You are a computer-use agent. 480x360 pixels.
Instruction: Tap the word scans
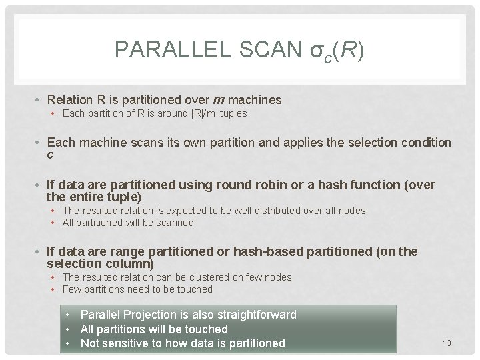tap(145, 143)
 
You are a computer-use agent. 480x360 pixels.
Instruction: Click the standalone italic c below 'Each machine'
tap(51, 155)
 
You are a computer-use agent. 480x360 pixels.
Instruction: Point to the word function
tap(371, 185)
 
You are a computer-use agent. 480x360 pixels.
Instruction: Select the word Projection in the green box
tap(153, 315)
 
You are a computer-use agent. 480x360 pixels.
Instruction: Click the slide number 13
tap(447, 343)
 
